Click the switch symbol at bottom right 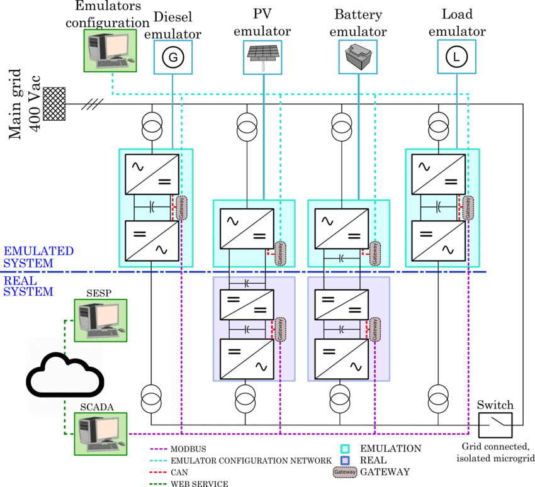tap(495, 425)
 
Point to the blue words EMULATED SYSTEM tap(38, 257)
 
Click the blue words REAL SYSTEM tap(28, 286)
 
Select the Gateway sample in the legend tap(345, 471)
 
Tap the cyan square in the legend tap(345, 449)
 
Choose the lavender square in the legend tap(345, 460)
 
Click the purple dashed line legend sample tap(164, 449)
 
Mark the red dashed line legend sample tap(164, 471)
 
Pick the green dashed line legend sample tap(164, 483)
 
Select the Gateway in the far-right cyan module tap(468, 207)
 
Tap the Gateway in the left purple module tap(280, 329)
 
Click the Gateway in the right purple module tap(374, 329)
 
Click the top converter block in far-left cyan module tap(152, 174)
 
